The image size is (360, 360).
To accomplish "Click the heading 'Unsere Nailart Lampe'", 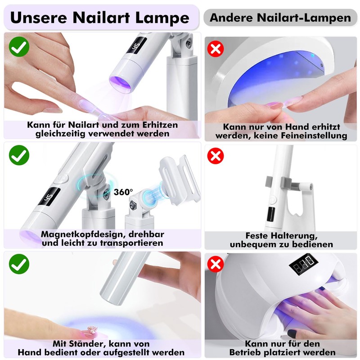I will [x=99, y=18].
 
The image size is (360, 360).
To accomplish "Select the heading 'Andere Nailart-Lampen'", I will [x=280, y=18].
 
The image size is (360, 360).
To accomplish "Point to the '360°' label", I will [x=123, y=192].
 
